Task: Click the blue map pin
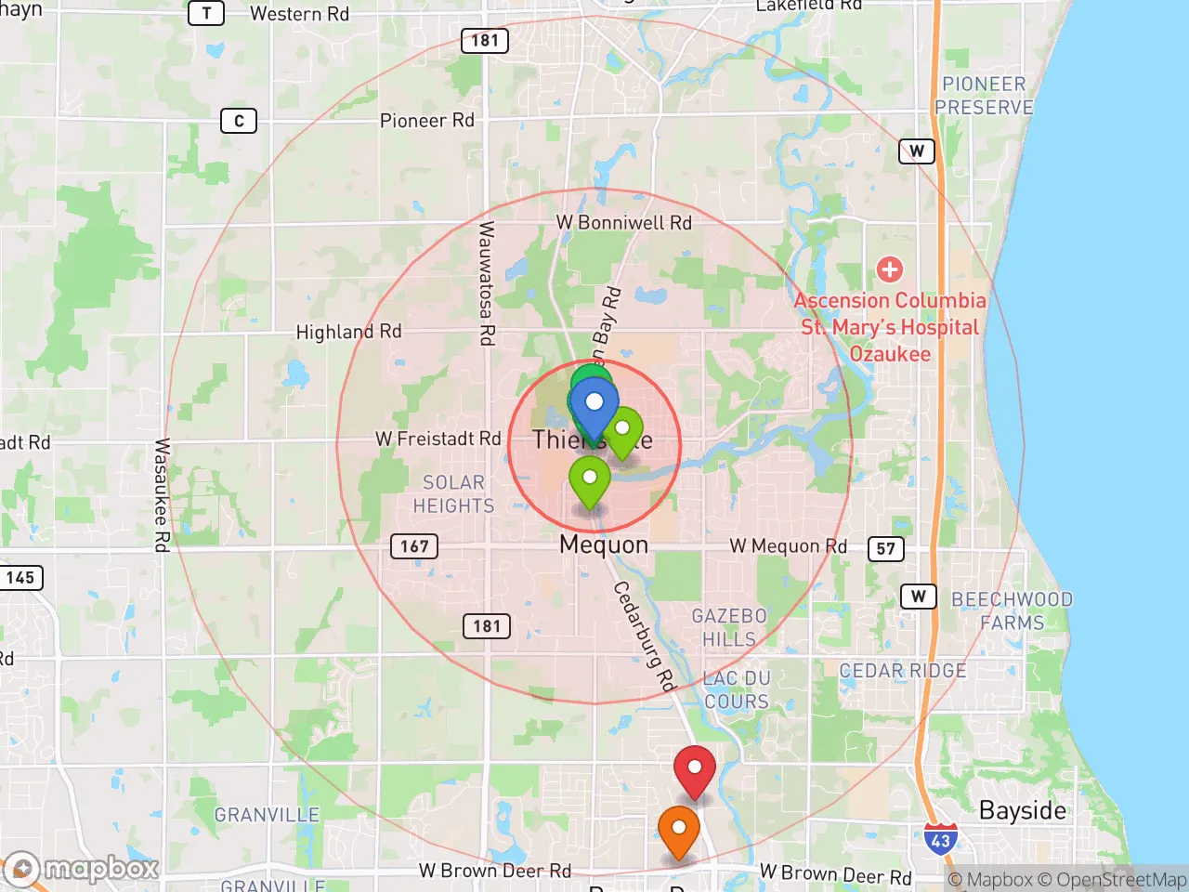594,405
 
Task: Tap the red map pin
694,769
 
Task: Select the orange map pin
679,828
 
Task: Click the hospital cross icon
890,269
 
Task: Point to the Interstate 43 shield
940,840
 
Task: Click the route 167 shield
414,546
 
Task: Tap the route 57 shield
886,548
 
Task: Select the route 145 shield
20,577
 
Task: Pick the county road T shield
206,13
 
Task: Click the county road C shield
239,121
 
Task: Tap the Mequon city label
604,544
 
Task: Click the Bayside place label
1023,810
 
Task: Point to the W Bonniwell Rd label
624,223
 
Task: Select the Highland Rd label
348,332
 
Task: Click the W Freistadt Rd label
438,439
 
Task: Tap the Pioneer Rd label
427,121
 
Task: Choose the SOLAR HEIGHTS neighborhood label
453,494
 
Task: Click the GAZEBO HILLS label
729,627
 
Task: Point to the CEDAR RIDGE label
903,671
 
